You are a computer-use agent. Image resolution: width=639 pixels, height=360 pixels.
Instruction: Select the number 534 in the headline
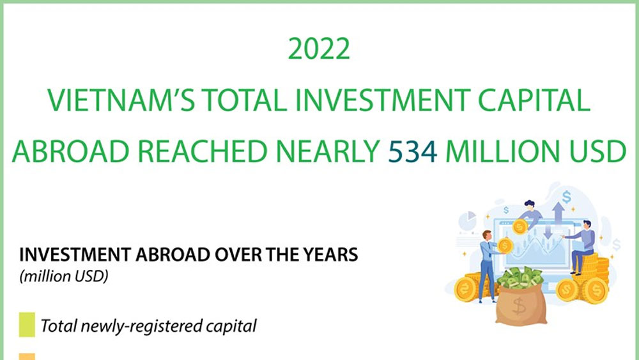pos(413,152)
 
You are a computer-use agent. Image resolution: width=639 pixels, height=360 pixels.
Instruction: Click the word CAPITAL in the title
pos(534,100)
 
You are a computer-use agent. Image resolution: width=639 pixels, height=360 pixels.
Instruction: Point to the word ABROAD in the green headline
pos(70,152)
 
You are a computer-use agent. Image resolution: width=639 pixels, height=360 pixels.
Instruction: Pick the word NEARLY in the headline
pos(328,152)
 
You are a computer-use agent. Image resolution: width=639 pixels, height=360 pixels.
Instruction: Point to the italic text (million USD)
pos(64,276)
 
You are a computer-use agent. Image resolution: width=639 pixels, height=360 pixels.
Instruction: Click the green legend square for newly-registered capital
pos(27,325)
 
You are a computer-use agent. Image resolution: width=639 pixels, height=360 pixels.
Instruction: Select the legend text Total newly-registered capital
pos(149,325)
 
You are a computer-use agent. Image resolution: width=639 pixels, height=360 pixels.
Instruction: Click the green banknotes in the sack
pos(520,278)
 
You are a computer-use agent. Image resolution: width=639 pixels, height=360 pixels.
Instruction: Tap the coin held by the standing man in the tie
pos(505,246)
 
